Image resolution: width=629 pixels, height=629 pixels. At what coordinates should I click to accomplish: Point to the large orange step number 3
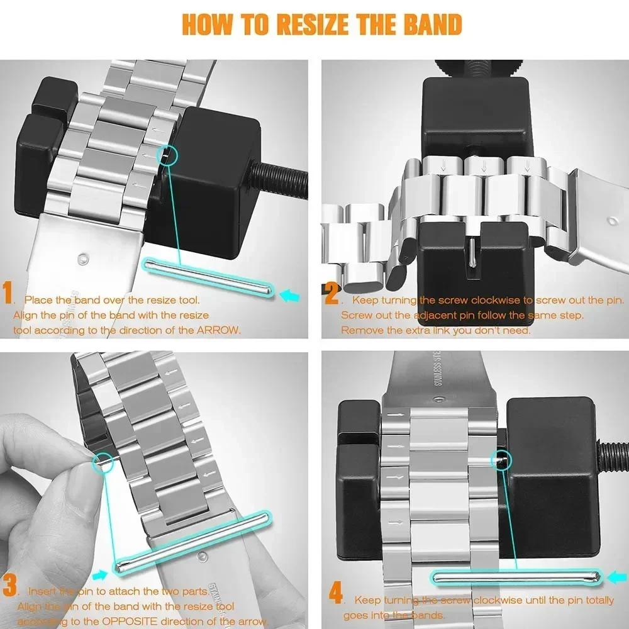click(9, 586)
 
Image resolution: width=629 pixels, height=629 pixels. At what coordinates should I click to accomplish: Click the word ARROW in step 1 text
click(219, 330)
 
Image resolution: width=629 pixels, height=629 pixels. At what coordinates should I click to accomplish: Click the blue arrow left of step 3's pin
click(99, 574)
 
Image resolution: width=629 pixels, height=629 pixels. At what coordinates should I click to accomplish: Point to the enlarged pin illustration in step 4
click(516, 576)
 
